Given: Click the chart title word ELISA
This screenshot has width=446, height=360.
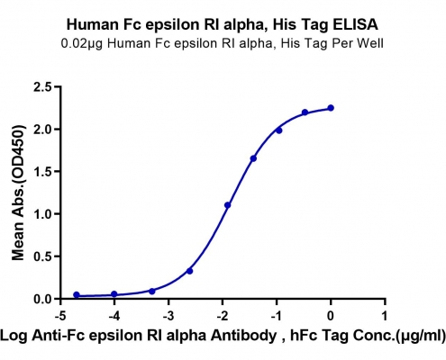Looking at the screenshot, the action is point(355,24).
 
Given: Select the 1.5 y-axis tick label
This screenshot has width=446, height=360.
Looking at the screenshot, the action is point(43,172).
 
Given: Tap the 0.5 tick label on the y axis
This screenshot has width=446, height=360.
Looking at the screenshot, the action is point(43,256).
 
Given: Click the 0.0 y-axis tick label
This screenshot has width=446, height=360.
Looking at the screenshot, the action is point(43,299).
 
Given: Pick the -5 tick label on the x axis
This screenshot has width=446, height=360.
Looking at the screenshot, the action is point(60,316).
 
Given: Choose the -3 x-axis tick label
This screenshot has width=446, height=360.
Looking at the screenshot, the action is point(168,316).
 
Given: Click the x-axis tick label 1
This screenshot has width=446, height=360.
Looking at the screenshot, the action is point(385,316).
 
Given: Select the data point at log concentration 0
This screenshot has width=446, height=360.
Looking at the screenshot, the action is point(331,108).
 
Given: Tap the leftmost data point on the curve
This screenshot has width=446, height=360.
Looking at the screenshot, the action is point(77,295).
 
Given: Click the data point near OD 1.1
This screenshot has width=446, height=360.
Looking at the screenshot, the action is point(227,205).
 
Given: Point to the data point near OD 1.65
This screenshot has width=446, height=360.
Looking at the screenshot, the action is point(253,158).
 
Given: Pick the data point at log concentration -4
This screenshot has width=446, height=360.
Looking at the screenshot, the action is point(114,294).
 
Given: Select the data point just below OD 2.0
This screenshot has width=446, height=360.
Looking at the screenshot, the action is point(279,130).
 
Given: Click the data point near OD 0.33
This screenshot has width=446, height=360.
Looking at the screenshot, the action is point(189,271).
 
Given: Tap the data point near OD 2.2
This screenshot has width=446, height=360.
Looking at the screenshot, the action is point(305,112).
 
